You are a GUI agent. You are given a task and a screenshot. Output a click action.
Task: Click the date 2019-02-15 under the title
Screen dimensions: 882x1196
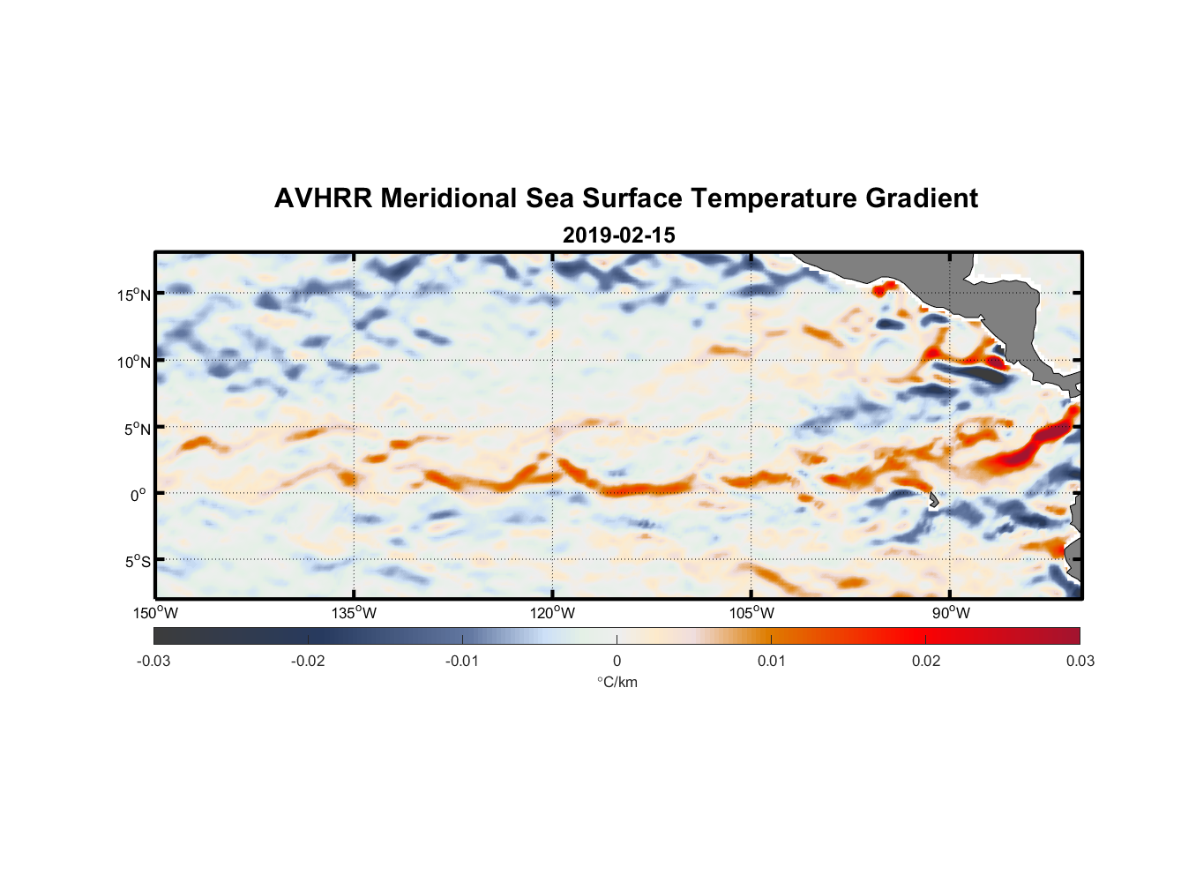[x=618, y=235]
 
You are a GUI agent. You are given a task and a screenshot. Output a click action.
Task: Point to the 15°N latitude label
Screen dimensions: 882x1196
[x=134, y=295]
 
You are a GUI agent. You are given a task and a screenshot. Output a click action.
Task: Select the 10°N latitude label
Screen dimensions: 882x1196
[x=134, y=362]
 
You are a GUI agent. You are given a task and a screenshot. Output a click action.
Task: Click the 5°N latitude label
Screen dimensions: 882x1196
[x=137, y=429]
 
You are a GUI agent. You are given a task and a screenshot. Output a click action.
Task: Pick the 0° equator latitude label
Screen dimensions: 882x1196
[x=138, y=495]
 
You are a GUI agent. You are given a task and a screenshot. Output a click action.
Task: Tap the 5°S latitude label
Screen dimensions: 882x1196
[x=137, y=561]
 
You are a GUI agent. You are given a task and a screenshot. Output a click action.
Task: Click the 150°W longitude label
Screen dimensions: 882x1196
[x=155, y=613]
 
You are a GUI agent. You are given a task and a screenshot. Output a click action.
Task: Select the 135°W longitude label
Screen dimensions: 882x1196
[x=354, y=613]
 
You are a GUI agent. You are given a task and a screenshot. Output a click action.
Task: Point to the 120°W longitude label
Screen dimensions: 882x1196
[x=552, y=613]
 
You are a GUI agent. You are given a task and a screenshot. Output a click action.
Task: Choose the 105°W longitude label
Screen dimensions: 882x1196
[x=751, y=613]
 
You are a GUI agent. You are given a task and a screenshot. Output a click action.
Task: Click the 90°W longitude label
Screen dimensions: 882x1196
[x=951, y=613]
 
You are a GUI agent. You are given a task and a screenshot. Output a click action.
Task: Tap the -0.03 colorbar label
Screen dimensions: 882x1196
[x=153, y=661]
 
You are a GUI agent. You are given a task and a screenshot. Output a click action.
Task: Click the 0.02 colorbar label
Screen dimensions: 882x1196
[x=926, y=661]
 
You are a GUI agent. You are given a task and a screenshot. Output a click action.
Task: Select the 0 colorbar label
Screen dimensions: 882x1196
[x=617, y=661]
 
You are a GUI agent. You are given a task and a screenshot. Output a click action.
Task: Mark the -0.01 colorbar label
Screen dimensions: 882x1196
[x=462, y=661]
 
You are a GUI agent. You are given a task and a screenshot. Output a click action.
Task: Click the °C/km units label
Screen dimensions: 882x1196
[x=617, y=682]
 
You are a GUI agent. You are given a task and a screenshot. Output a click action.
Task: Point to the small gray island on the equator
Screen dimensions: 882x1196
[x=934, y=500]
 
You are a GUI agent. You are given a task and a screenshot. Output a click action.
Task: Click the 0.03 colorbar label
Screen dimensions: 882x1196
[x=1080, y=661]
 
